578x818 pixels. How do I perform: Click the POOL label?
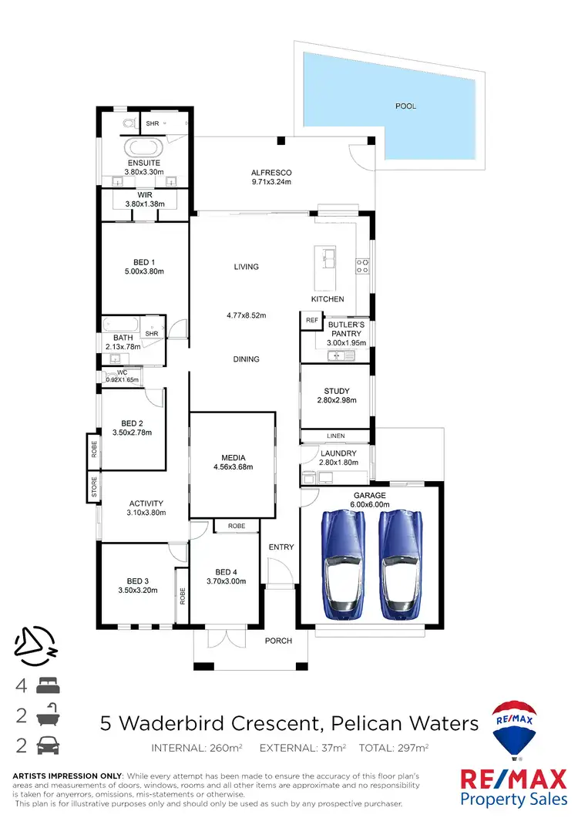coord(405,106)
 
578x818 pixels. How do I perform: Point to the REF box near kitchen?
coord(311,320)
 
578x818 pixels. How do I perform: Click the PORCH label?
coord(279,641)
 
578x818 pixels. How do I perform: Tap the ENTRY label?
coord(281,547)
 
